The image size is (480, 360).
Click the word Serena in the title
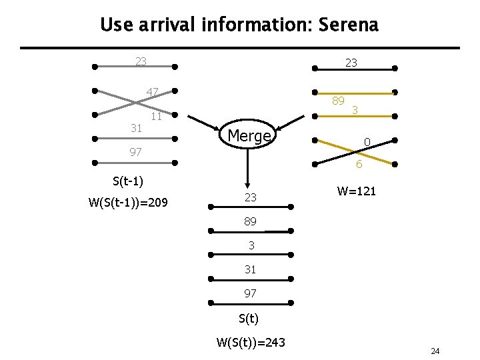pos(349,25)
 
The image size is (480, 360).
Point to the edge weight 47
pos(153,92)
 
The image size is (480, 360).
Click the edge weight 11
pos(156,117)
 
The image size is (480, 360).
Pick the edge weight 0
pos(366,141)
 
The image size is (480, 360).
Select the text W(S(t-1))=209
pos(128,201)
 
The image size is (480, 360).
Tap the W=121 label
pos(357,191)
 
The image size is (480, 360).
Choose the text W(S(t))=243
pos(251,343)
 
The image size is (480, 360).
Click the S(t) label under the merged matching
pos(247,319)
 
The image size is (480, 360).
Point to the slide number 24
pos(435,351)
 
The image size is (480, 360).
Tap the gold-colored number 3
pos(356,110)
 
